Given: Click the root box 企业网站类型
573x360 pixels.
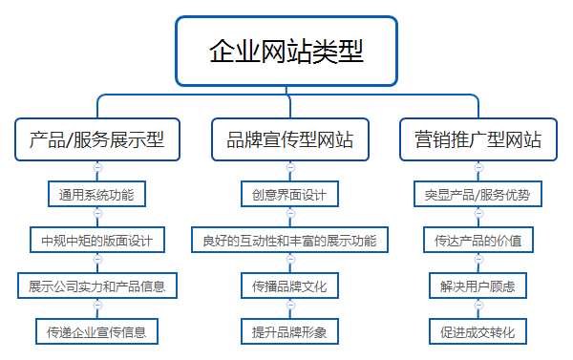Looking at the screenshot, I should tap(286, 51).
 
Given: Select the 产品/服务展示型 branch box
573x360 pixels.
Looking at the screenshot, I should tap(96, 140).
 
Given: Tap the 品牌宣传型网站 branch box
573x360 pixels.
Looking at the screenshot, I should tap(290, 140).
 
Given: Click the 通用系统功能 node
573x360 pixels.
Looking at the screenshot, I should tap(96, 195).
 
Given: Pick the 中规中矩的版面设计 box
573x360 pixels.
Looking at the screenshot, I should tap(96, 240).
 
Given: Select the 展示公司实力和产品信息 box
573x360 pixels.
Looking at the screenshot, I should tap(96, 286).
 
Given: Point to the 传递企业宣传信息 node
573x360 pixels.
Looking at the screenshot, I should tap(96, 331).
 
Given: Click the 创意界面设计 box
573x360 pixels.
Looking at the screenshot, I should tap(290, 195).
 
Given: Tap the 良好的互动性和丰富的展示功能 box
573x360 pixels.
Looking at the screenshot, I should tap(290, 240).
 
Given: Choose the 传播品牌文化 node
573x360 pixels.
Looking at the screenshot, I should tap(290, 286).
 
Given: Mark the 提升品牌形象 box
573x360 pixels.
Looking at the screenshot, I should tap(290, 331).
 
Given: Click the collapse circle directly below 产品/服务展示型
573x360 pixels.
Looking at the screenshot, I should tap(96, 168).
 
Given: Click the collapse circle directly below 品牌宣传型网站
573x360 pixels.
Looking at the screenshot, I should tap(290, 168).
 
